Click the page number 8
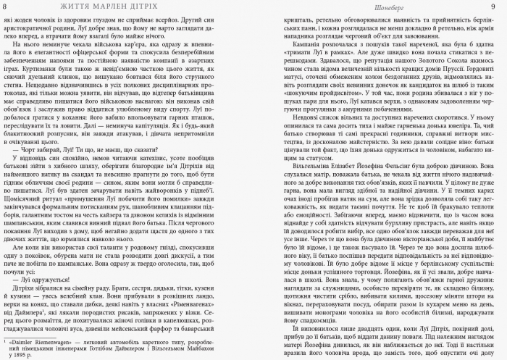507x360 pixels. click(7, 7)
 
